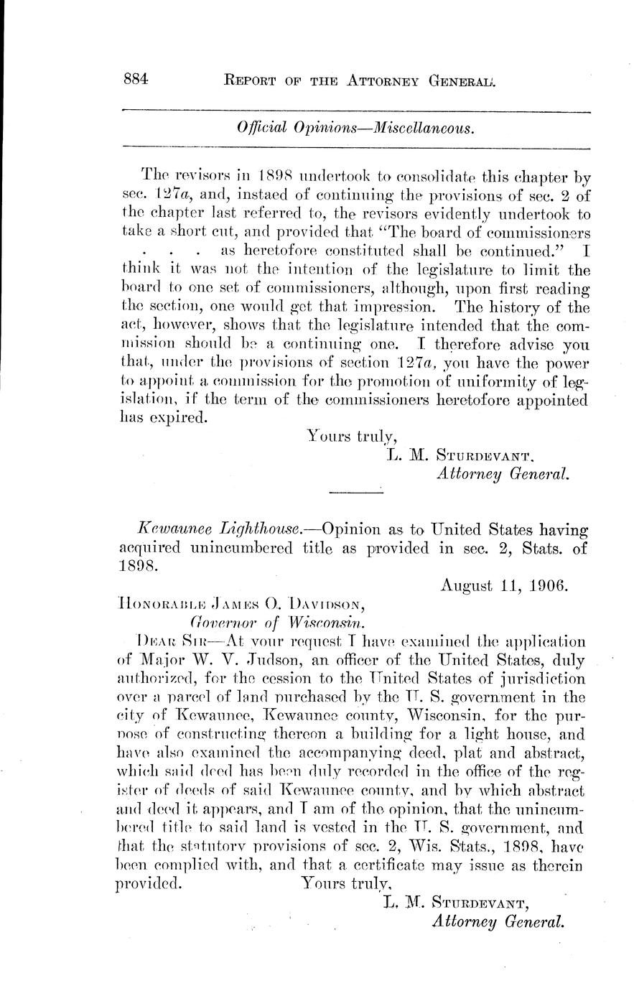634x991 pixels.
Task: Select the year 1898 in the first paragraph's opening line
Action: coord(272,175)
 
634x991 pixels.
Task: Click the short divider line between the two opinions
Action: coord(355,492)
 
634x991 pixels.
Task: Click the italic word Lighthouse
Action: coord(253,530)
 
